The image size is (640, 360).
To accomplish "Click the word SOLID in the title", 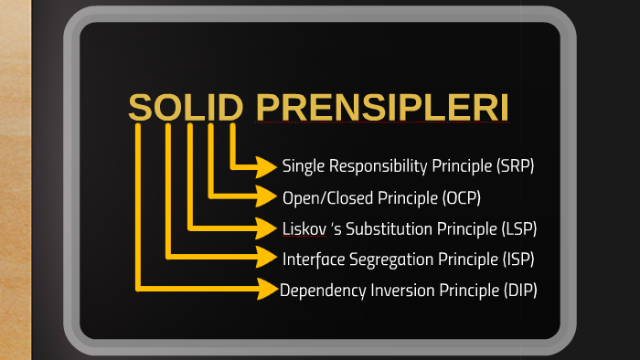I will coord(186,108).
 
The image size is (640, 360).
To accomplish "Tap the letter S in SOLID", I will coord(141,108).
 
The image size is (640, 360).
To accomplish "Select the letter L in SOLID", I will coord(190,108).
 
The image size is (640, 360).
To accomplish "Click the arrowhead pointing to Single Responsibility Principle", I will coord(267,166).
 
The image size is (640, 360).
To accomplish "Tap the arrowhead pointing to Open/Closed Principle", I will coord(267,196).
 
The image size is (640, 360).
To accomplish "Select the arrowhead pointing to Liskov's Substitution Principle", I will coord(267,228).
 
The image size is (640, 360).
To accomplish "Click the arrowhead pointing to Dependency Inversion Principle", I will coord(267,290).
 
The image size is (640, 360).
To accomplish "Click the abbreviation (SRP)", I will coord(516,166).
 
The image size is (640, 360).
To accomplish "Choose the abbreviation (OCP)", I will coord(461,197).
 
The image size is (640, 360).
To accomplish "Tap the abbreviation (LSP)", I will coord(518,228).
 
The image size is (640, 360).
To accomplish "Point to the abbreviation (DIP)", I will coord(519,291).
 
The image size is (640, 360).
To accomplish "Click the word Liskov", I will coord(305,228).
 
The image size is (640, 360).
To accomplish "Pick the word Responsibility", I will coord(373,166).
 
